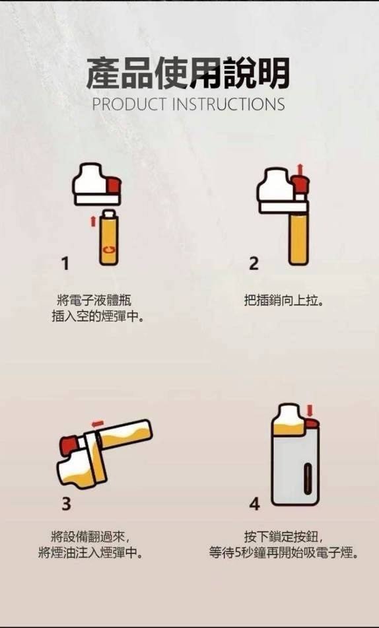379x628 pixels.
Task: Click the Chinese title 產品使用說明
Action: point(188,73)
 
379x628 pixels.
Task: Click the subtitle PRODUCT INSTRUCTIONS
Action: point(188,104)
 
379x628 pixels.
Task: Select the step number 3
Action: point(66,504)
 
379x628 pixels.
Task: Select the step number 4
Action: point(255,504)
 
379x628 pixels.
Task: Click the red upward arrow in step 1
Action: point(92,219)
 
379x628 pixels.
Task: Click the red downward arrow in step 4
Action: point(310,410)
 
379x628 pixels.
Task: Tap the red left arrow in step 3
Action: point(98,422)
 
